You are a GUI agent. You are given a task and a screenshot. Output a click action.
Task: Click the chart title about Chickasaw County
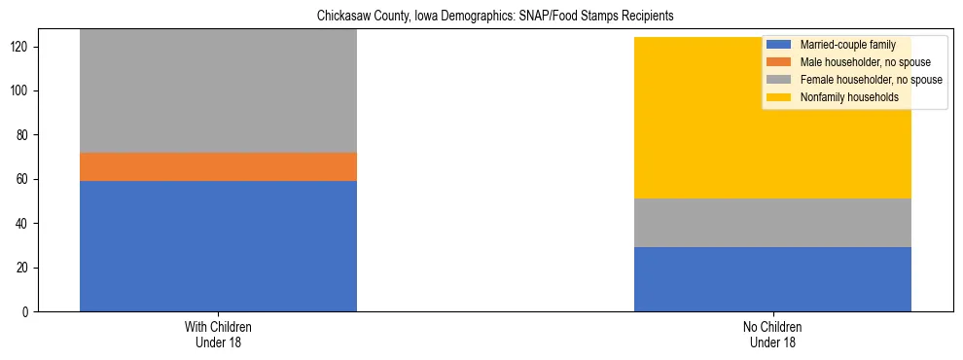[495, 17]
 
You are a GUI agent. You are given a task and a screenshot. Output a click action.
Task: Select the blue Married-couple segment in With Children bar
[218, 245]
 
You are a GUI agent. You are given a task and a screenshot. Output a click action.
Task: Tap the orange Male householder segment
[218, 166]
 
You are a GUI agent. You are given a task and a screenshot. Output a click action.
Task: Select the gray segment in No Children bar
[772, 223]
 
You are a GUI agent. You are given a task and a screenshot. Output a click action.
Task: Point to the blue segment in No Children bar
[772, 279]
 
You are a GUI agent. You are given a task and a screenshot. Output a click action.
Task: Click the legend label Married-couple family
[840, 45]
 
